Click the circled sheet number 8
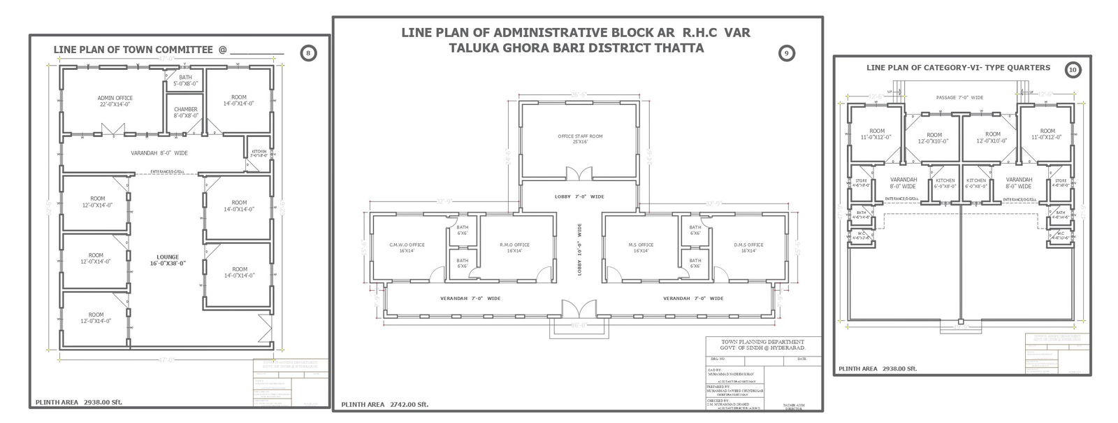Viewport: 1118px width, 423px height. click(308, 52)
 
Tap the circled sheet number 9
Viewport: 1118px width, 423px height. click(787, 53)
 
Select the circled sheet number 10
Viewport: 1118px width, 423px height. click(1073, 69)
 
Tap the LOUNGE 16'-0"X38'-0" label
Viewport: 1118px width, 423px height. click(167, 260)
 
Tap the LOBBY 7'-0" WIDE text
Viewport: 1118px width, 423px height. click(579, 196)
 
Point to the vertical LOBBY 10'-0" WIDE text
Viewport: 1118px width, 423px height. click(579, 250)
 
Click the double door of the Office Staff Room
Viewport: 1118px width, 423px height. click(579, 173)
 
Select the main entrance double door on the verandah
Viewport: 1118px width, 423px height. click(579, 308)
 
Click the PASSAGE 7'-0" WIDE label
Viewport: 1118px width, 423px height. click(959, 98)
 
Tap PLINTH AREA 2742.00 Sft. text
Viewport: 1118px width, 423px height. click(384, 404)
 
